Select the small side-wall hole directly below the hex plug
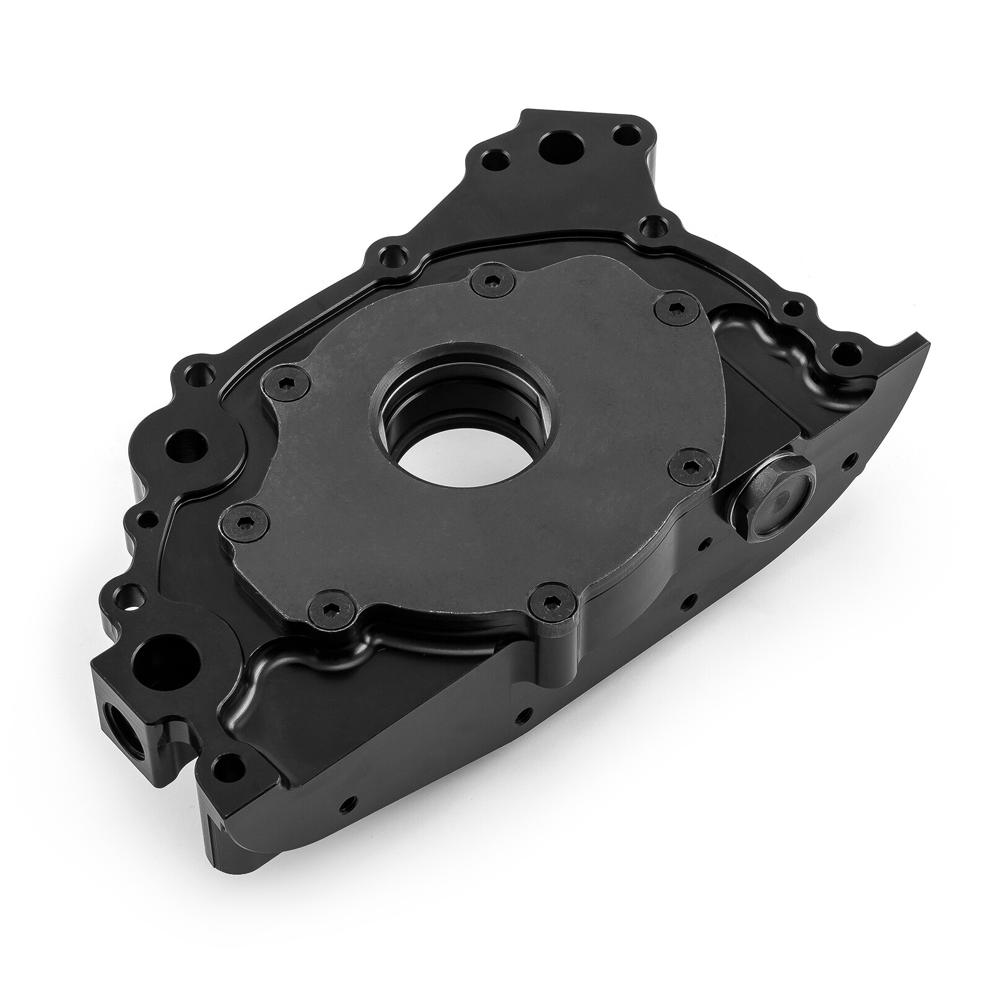[x=701, y=546]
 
